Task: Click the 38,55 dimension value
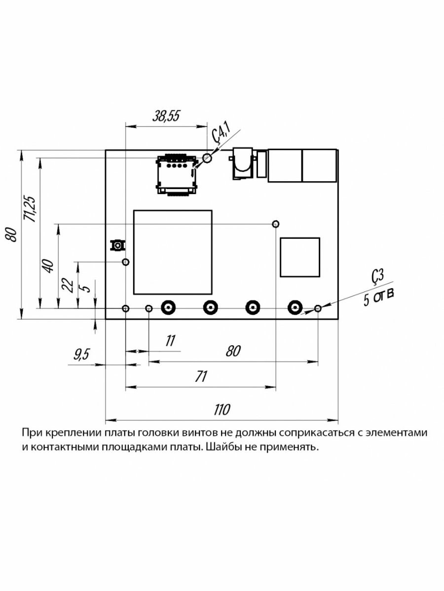[x=166, y=116]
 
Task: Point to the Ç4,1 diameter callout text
[x=221, y=133]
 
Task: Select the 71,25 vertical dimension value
[x=30, y=209]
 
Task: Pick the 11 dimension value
[x=170, y=340]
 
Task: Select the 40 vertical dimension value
[x=48, y=266]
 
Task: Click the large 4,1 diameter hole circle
[x=207, y=158]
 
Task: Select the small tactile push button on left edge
[x=118, y=245]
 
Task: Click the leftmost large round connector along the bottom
[x=168, y=308]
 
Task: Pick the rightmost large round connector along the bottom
[x=295, y=308]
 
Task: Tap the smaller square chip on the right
[x=299, y=257]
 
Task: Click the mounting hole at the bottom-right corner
[x=318, y=308]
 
